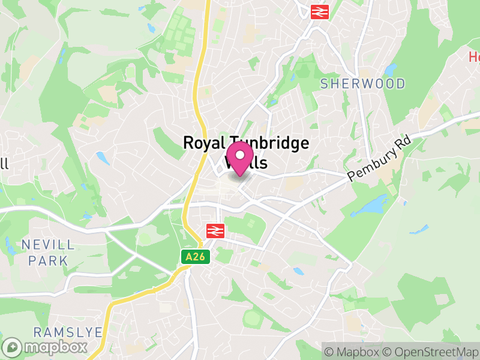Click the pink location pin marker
click(x=240, y=158)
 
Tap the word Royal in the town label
click(x=202, y=143)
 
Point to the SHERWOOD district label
click(x=362, y=83)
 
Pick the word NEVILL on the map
click(x=48, y=245)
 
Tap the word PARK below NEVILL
click(x=48, y=261)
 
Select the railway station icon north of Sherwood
click(x=318, y=11)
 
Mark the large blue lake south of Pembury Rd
click(x=370, y=206)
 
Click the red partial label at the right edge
click(x=474, y=57)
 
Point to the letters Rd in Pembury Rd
click(x=403, y=147)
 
